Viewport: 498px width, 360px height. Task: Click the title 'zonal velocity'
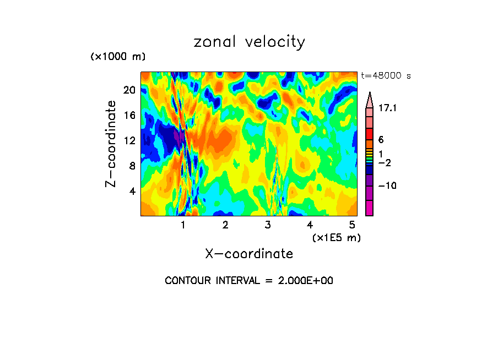pyautogui.click(x=249, y=42)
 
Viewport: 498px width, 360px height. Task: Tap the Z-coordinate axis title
pyautogui.click(x=111, y=144)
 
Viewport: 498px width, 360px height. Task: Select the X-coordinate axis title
pyautogui.click(x=249, y=254)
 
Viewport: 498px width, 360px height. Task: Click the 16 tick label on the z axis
pyautogui.click(x=128, y=115)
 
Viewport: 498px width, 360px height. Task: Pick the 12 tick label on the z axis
pyautogui.click(x=128, y=140)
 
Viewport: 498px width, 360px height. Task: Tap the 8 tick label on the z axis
pyautogui.click(x=131, y=166)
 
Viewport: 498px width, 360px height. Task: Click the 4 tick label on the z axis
pyautogui.click(x=131, y=191)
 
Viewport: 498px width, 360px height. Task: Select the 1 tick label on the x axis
pyautogui.click(x=183, y=225)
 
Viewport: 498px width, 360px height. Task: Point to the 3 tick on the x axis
pyautogui.click(x=268, y=225)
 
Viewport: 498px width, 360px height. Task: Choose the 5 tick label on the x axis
pyautogui.click(x=352, y=225)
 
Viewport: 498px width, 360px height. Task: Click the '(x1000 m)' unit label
pyautogui.click(x=117, y=57)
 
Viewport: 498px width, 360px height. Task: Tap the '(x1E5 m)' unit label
pyautogui.click(x=336, y=238)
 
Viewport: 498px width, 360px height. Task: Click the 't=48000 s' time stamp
pyautogui.click(x=386, y=76)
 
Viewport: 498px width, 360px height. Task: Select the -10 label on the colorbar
pyautogui.click(x=387, y=186)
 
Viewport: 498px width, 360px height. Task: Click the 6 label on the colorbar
pyautogui.click(x=381, y=140)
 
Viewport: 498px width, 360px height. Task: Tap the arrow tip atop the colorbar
pyautogui.click(x=370, y=94)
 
